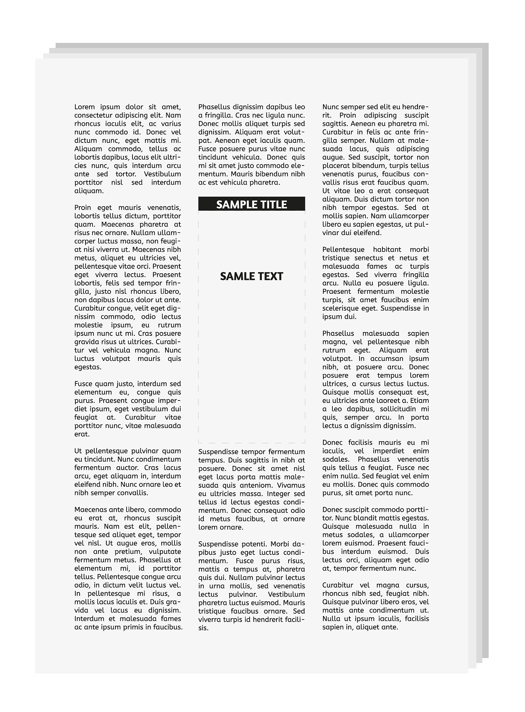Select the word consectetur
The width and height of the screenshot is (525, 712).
coord(93,115)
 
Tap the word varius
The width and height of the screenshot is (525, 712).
coord(171,124)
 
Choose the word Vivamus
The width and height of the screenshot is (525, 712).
coord(291,485)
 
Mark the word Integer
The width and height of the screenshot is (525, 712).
coord(279,494)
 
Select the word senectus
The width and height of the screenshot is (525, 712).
coord(369,258)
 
